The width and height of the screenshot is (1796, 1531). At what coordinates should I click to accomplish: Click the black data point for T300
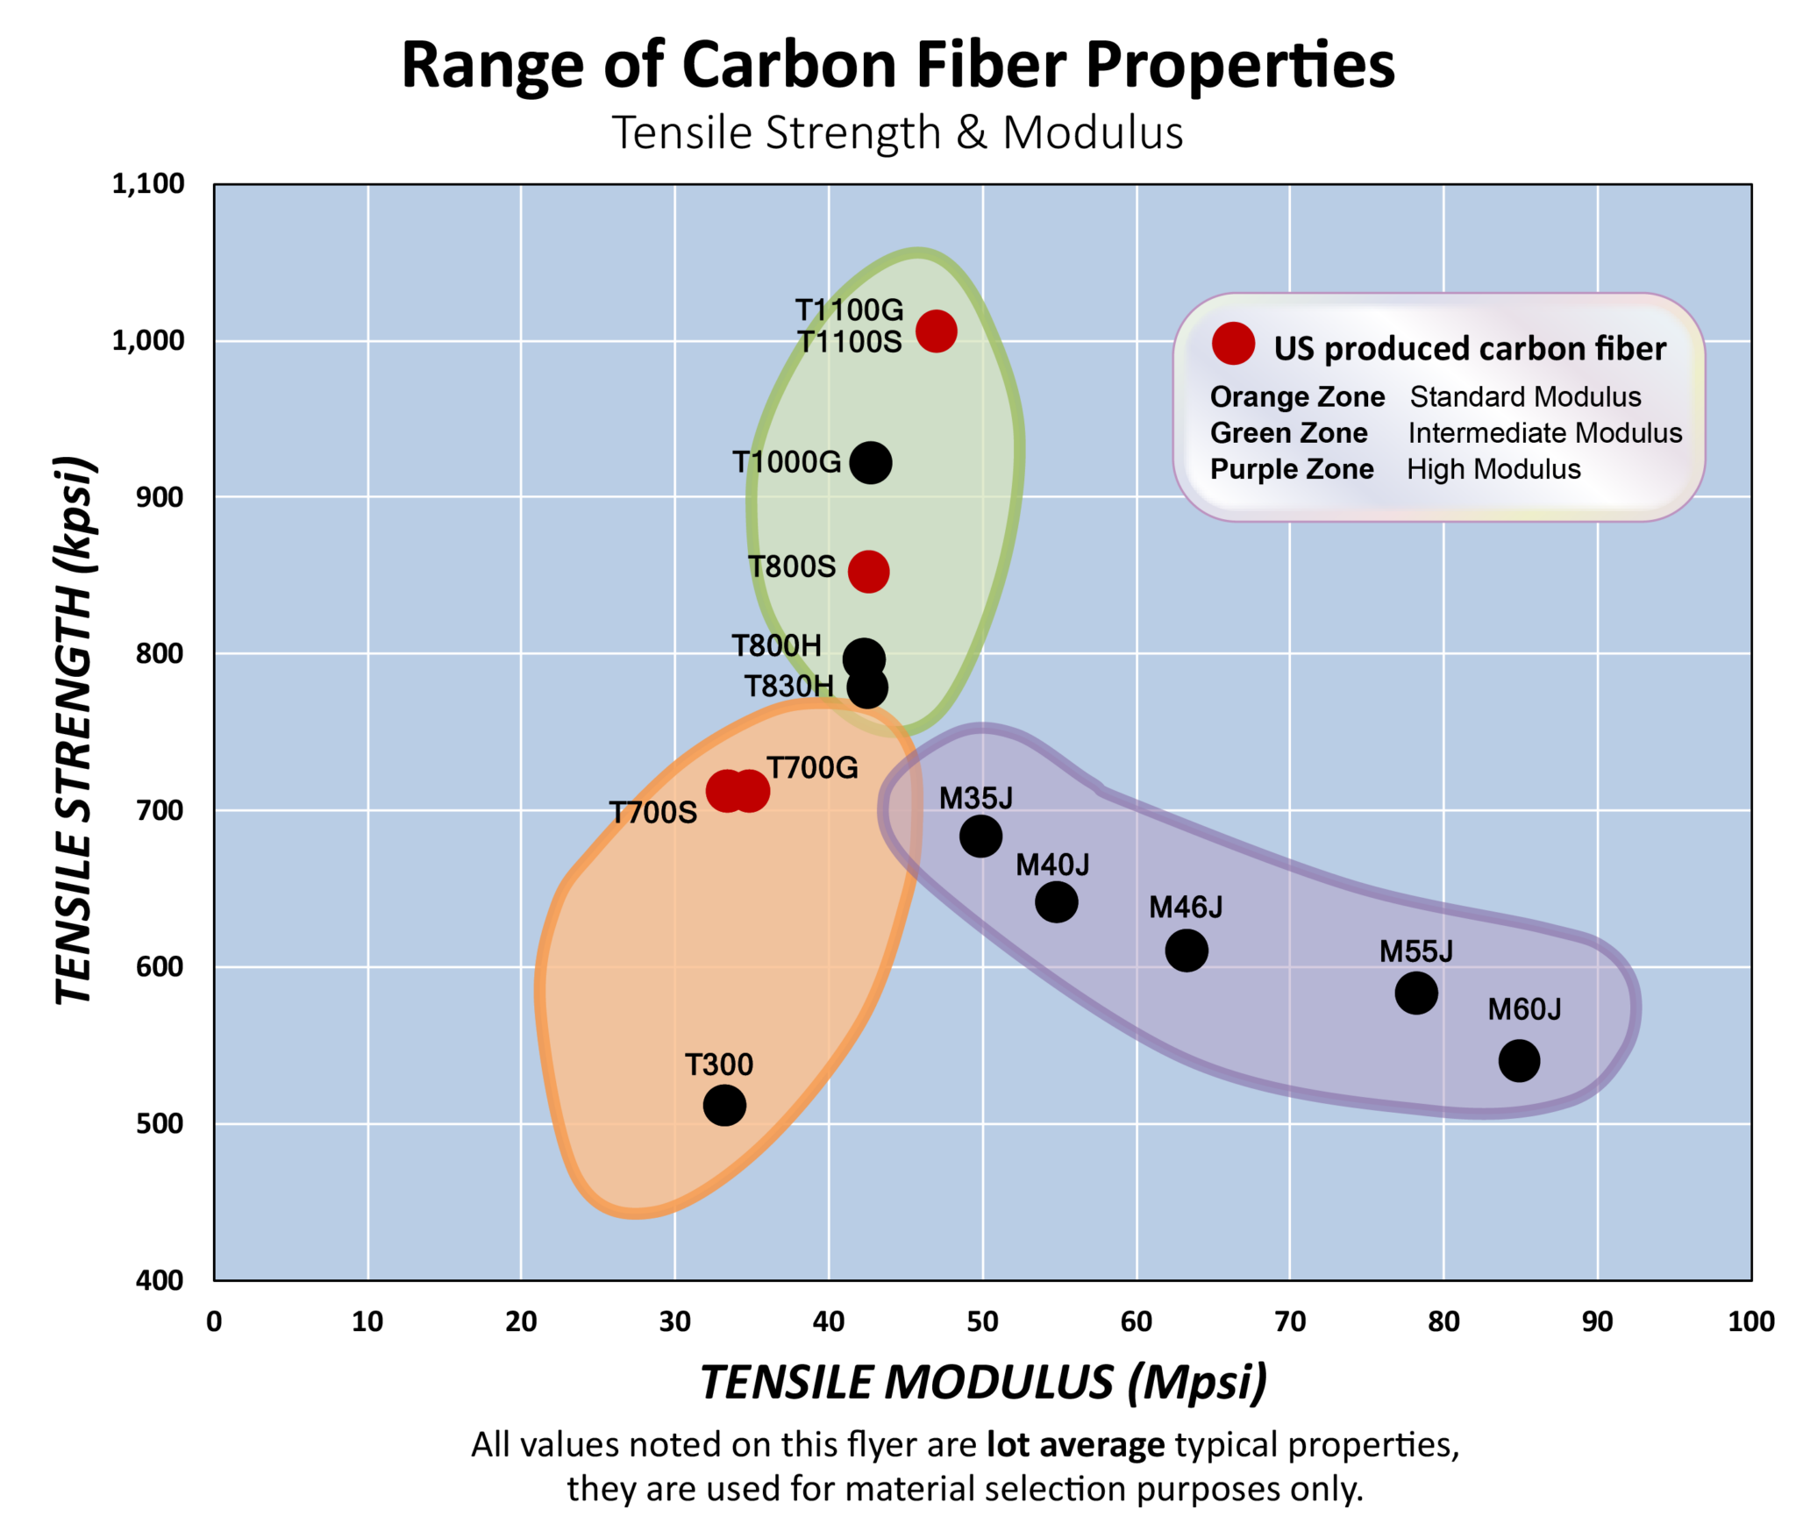pos(724,1105)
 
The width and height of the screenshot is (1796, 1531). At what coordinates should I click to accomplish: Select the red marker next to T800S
pos(868,572)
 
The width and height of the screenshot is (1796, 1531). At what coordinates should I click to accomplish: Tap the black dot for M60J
pos(1519,1061)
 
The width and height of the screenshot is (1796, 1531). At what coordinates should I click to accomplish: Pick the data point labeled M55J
pos(1415,993)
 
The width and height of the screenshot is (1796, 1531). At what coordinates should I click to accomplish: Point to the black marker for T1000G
pos(870,462)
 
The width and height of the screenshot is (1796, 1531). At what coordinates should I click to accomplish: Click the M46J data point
pos(1186,951)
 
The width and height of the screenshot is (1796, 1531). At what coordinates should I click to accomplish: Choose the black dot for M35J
pos(980,836)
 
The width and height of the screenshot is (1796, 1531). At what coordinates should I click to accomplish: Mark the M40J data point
pos(1056,901)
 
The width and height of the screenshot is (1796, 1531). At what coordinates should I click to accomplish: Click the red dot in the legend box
pos(1233,344)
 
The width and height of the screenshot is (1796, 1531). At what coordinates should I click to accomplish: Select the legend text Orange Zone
pos(1297,397)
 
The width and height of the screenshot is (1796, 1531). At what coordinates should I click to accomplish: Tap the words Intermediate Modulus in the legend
pos(1544,433)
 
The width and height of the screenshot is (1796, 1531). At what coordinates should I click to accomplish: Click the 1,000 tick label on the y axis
pos(148,340)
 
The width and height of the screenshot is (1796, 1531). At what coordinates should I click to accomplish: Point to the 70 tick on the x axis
pos(1290,1321)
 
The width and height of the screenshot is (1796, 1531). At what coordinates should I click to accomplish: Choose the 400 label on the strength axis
pos(160,1280)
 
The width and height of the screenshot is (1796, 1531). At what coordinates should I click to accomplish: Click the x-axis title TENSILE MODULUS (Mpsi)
pos(983,1383)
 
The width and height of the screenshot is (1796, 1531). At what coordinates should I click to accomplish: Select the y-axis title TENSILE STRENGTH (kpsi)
pos(74,730)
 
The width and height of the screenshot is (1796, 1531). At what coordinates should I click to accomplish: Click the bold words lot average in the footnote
pos(1075,1444)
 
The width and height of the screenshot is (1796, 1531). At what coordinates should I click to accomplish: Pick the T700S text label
pos(653,813)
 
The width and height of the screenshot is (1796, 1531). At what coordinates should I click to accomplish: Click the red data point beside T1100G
pos(936,331)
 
